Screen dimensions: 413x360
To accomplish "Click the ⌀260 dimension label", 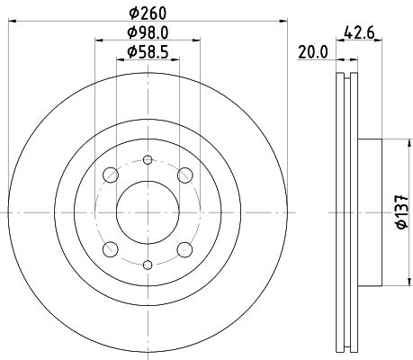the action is click(x=148, y=13).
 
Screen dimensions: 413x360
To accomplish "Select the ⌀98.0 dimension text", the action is click(x=148, y=32).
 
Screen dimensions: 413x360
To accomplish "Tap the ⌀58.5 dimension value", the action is click(x=148, y=52).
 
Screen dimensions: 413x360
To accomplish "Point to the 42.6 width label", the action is click(x=359, y=32).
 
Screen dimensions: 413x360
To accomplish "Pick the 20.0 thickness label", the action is click(x=313, y=53).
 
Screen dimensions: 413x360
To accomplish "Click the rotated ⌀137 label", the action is click(x=402, y=211).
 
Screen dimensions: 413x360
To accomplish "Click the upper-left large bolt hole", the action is click(x=111, y=175).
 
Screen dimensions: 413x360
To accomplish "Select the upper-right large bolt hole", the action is click(x=184, y=175).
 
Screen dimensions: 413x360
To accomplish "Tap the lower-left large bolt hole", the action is click(x=111, y=249).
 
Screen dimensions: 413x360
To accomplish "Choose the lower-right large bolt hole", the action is click(x=184, y=249).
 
